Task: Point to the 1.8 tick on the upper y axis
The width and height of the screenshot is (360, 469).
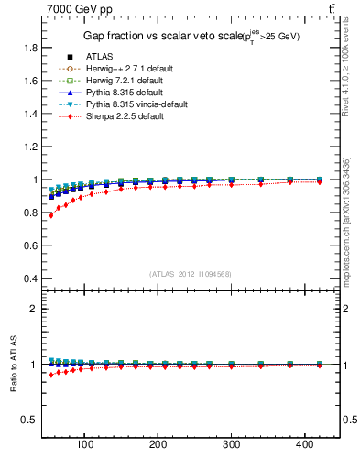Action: [29, 48]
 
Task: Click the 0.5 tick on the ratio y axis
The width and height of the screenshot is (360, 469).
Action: [29, 420]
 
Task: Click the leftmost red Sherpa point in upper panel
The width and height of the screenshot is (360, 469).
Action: [51, 214]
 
